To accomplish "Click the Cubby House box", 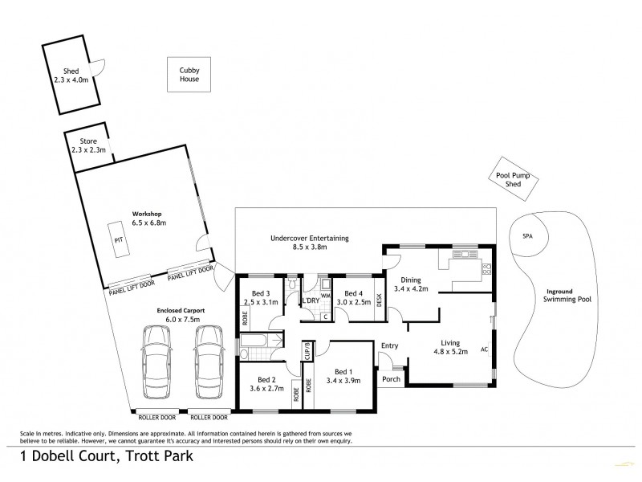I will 189,76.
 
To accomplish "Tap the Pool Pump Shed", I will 513,179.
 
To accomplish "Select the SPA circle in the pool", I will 527,236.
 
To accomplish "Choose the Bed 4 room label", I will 351,298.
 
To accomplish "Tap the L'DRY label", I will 311,300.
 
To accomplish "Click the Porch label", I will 391,379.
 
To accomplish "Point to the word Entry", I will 390,346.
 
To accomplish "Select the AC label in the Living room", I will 484,350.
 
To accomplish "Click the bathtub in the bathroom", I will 258,346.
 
